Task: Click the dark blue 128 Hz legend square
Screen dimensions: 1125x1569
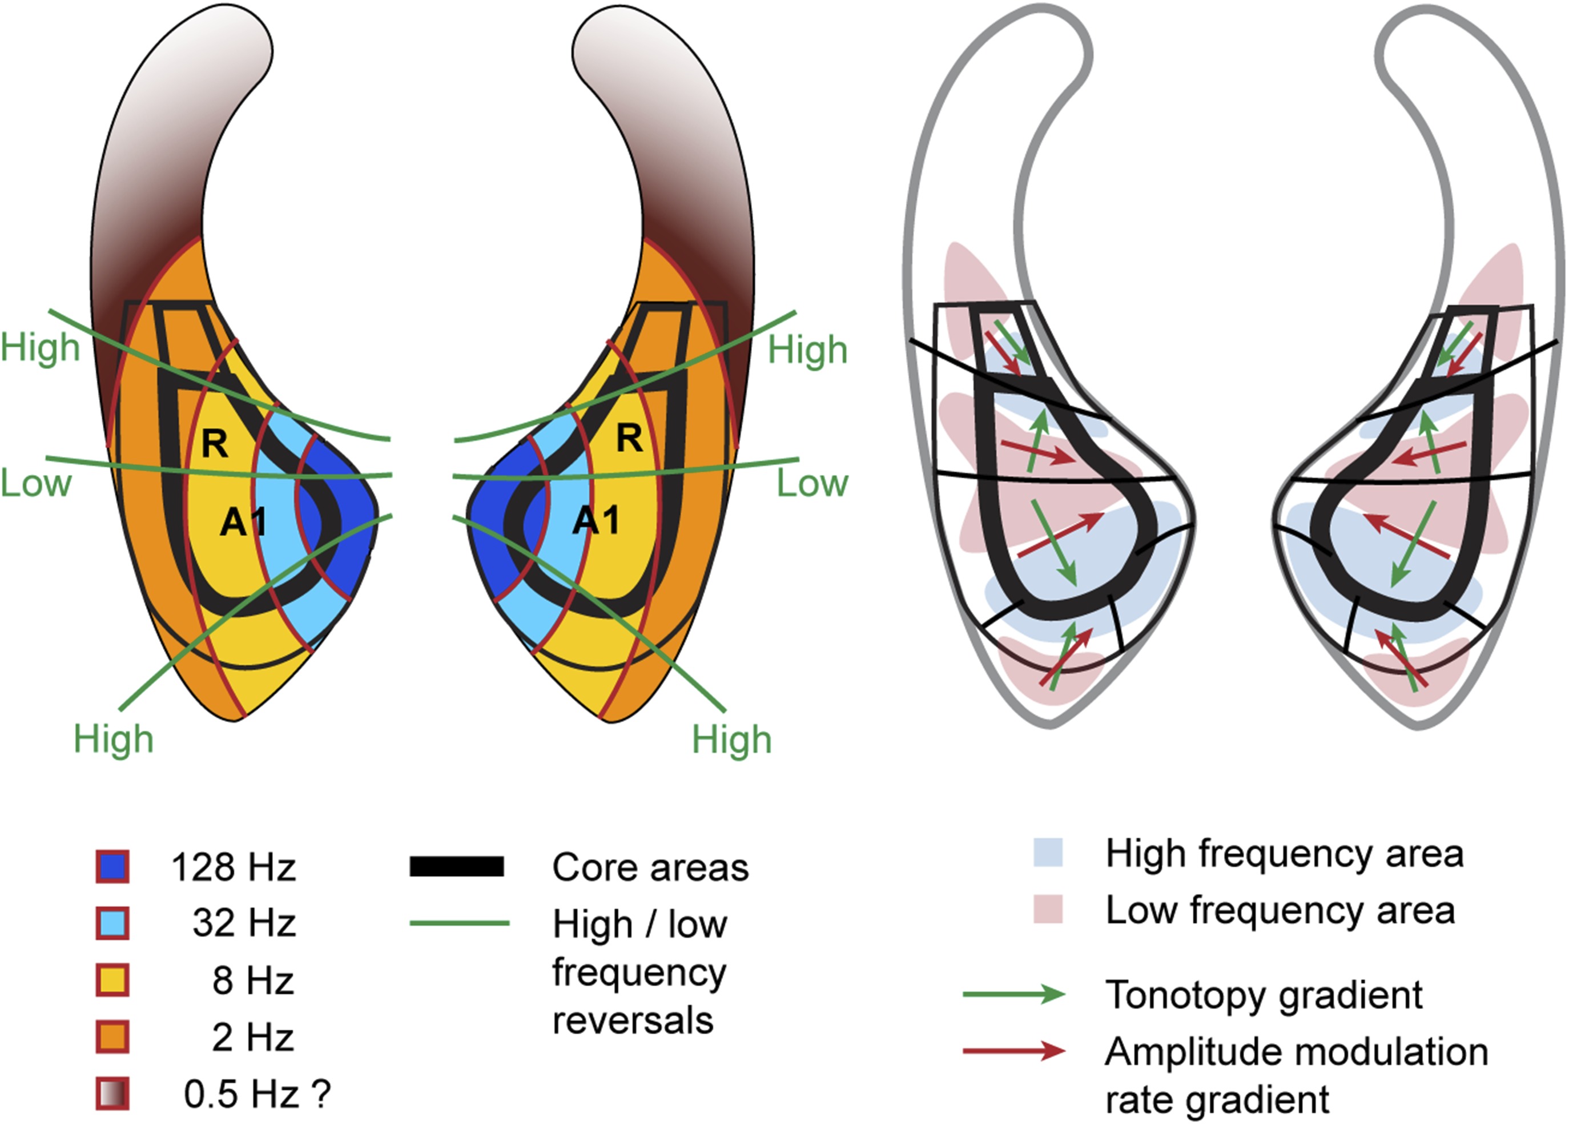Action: tap(112, 867)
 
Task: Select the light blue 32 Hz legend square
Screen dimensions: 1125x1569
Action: tap(112, 923)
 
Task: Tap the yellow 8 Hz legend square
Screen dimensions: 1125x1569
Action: tap(112, 981)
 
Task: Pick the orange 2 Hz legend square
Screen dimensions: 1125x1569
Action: tap(112, 1037)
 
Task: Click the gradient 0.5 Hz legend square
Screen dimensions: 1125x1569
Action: tap(112, 1094)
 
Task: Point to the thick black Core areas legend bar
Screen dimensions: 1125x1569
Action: tap(457, 867)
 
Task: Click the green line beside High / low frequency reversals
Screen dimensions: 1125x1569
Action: tap(460, 923)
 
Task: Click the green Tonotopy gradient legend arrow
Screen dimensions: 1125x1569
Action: tap(1013, 994)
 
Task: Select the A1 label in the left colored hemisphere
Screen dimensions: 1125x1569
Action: tap(243, 522)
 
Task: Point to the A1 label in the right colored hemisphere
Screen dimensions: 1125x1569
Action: tap(596, 520)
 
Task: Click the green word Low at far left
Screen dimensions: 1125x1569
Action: tap(36, 483)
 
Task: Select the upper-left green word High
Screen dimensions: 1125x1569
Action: tap(40, 347)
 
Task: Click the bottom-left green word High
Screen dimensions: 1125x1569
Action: tap(114, 739)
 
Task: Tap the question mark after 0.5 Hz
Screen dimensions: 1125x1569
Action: tap(320, 1094)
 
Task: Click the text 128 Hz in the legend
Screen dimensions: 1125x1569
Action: tap(234, 867)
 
